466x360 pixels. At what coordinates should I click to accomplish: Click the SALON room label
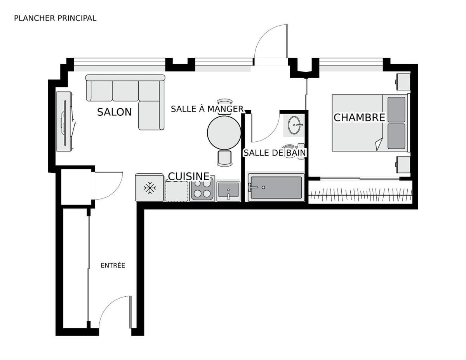pos(114,112)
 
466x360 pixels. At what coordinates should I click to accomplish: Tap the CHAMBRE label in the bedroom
pos(359,118)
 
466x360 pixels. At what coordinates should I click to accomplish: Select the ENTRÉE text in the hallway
pos(113,266)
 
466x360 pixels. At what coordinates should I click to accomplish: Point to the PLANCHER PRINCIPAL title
pos(55,18)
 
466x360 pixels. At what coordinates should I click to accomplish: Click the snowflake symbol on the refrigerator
pos(150,188)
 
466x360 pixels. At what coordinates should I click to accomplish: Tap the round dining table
pos(224,133)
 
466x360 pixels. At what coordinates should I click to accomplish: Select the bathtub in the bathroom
pos(276,188)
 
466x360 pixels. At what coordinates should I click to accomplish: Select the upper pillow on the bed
pos(396,110)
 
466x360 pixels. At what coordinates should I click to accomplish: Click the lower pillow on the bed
pos(396,136)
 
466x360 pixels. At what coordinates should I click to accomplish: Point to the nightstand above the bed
pos(403,82)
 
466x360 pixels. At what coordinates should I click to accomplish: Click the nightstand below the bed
pos(403,165)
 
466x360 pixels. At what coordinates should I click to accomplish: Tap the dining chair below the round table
pos(224,158)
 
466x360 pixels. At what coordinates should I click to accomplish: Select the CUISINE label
pos(188,176)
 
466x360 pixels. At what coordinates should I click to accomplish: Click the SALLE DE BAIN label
pos(275,153)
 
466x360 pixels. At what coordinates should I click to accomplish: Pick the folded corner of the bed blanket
pos(379,144)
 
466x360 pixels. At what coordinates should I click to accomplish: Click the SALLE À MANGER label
pos(207,109)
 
